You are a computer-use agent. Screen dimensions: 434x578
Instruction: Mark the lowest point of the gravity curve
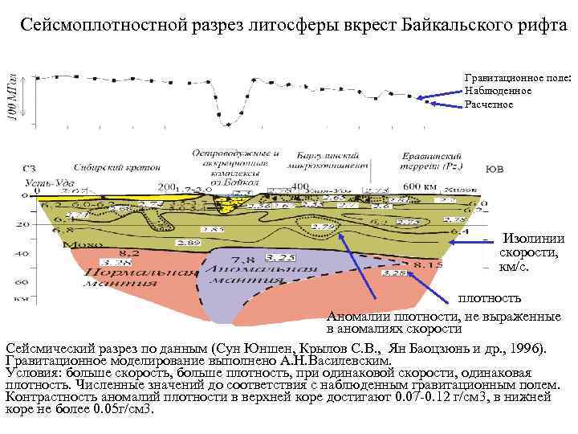(230, 124)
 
